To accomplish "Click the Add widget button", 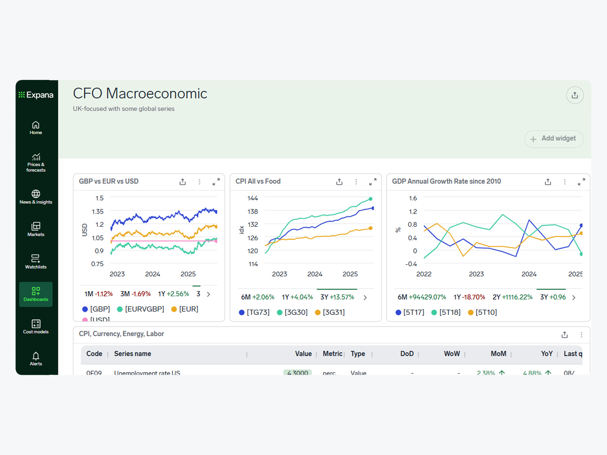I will (554, 139).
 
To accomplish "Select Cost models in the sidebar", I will (36, 326).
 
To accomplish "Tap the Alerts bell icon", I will (36, 358).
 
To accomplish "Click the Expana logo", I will (36, 95).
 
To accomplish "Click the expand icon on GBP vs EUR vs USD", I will (216, 182).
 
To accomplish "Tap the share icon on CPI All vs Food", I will (339, 182).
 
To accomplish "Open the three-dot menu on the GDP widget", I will (565, 182).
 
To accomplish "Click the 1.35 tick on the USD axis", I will (98, 211).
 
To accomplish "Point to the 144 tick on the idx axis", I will (253, 198).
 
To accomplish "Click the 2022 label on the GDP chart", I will (424, 274).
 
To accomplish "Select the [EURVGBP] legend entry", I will (140, 309).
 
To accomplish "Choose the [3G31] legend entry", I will (330, 312).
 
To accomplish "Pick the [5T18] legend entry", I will (446, 312).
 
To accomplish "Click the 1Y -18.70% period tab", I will (469, 297).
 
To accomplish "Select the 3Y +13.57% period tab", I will (337, 297).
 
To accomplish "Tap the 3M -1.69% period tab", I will (135, 294).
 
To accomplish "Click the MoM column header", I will (498, 354).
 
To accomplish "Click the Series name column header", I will (133, 354).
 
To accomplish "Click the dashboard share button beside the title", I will (574, 95).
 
